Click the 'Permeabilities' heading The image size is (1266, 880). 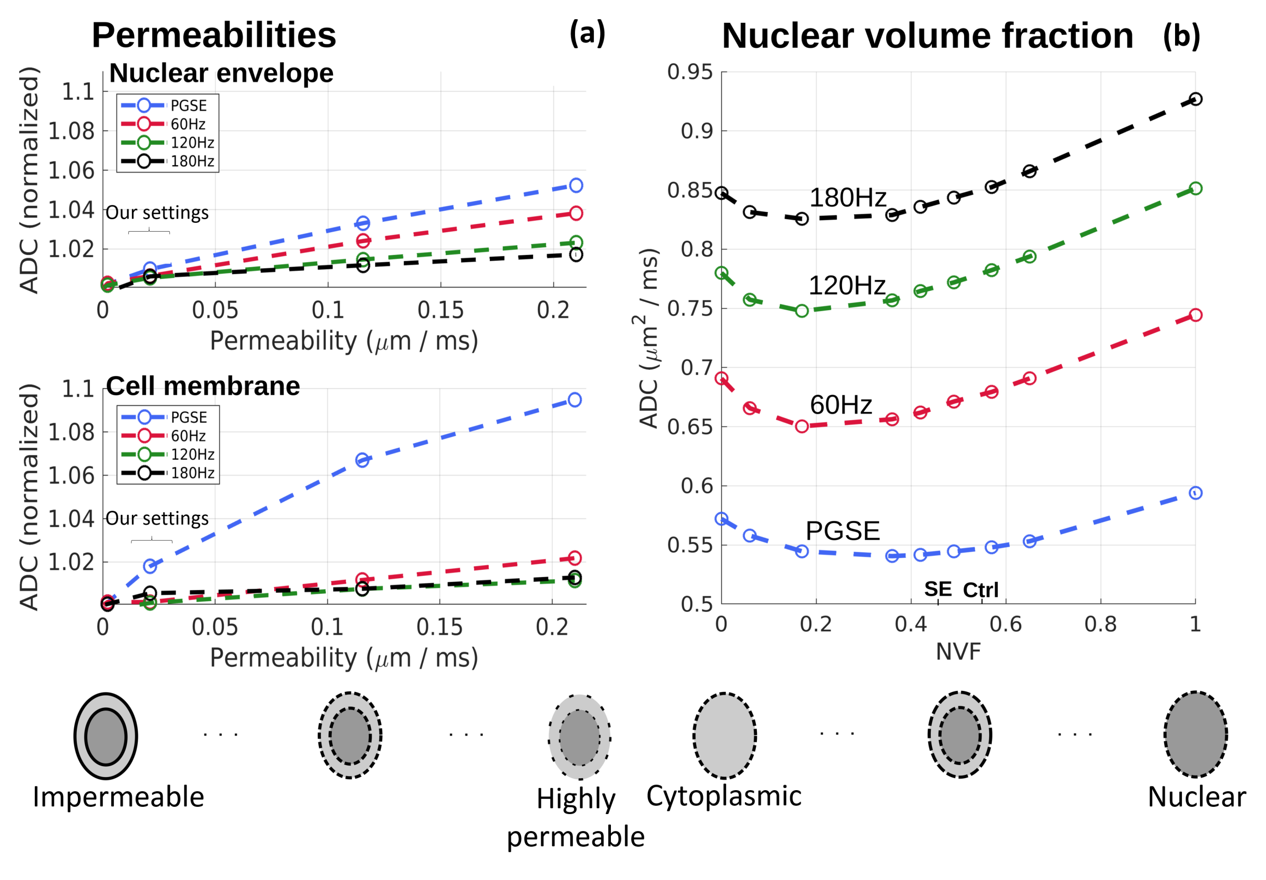pos(214,35)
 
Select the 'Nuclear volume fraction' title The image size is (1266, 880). pos(927,36)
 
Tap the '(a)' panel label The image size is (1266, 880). pos(587,33)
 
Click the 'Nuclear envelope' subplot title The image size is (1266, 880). pos(221,73)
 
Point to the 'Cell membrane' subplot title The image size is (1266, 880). pos(203,386)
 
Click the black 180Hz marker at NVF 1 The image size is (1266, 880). pos(1195,99)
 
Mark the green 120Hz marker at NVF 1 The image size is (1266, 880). pos(1195,189)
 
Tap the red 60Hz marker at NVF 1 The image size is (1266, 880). pos(1195,315)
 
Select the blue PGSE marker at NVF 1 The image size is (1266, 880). pos(1195,493)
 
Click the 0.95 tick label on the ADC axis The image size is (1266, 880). pos(689,72)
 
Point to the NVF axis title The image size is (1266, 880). pos(958,652)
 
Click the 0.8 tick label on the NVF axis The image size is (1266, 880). pos(1100,624)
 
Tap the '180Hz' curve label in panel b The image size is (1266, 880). pos(847,197)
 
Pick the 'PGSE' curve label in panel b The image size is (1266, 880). pos(843,530)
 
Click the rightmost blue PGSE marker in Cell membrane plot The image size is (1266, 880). pos(575,400)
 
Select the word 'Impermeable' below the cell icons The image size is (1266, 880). pos(118,797)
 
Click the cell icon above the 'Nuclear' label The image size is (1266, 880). pos(1195,735)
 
